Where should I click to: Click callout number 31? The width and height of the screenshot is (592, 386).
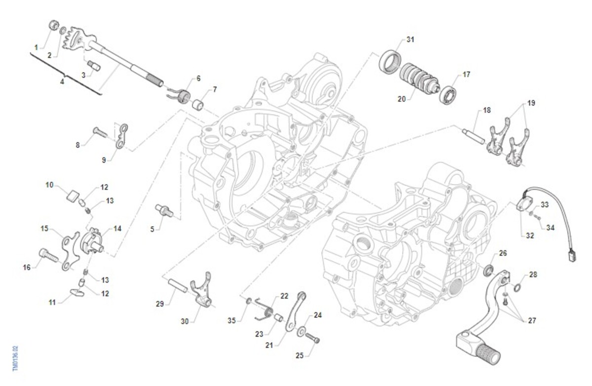point(410,39)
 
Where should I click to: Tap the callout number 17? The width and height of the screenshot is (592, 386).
point(466,75)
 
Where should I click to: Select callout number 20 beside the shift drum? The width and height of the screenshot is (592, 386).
point(402,99)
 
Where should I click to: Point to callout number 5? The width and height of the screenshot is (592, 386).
point(152,229)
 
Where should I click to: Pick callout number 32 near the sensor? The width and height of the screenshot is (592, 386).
point(530,235)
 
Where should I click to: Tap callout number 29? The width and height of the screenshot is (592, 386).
point(159,304)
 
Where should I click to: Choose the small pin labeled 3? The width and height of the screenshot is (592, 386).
point(93,65)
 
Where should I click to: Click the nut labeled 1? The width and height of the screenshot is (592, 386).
point(54,25)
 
